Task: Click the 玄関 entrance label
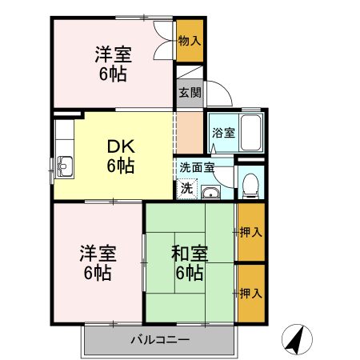click(190, 93)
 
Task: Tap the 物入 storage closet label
click(190, 40)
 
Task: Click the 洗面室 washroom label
click(196, 168)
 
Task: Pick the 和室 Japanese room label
click(190, 254)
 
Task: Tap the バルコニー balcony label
click(160, 339)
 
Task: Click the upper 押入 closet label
click(250, 233)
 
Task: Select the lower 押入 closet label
click(250, 294)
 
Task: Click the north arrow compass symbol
click(298, 340)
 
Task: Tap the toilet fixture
click(250, 185)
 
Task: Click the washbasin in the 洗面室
click(211, 192)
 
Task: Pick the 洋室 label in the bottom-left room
click(98, 254)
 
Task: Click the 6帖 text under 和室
click(190, 273)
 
